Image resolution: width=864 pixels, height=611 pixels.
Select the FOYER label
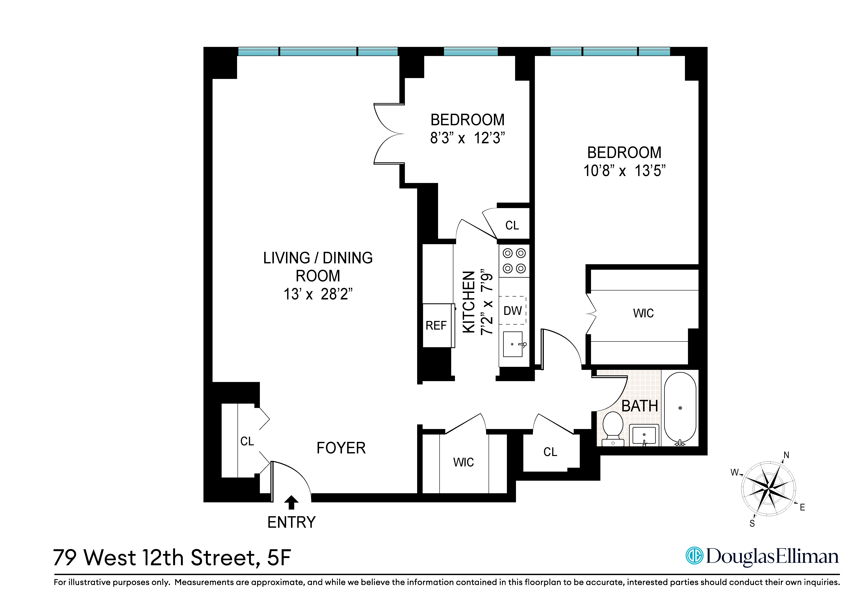point(341,448)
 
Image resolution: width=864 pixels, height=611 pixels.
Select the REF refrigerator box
point(436,325)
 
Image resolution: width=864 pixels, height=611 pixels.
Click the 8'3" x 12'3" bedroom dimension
point(467,138)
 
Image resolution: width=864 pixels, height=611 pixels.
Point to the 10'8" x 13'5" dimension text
point(624,171)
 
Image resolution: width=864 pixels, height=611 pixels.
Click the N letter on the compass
point(786,455)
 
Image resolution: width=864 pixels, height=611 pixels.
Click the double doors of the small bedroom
point(388,134)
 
